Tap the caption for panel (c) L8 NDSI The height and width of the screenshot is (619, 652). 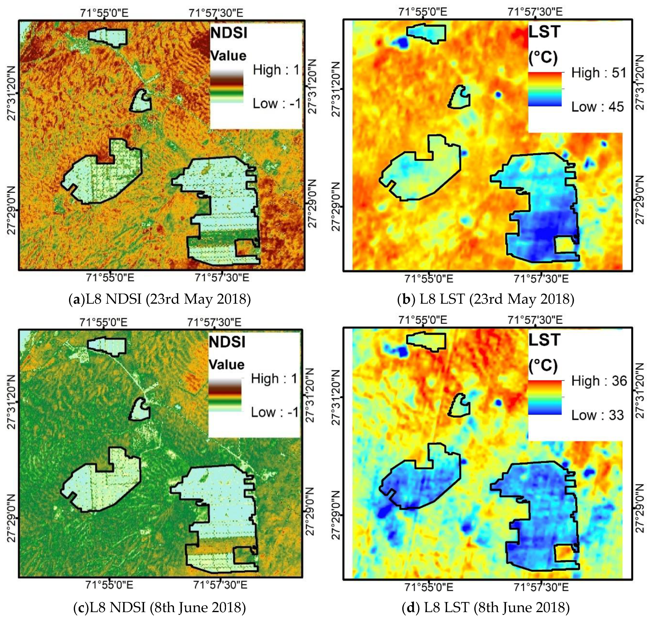[x=160, y=607]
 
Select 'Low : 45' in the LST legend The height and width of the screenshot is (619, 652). [x=598, y=107]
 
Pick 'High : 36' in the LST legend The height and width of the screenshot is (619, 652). [x=599, y=381]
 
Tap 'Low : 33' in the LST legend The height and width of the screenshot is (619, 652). [x=598, y=415]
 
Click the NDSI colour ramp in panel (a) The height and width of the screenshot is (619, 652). [x=227, y=86]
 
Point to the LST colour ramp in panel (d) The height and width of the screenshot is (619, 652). [x=545, y=397]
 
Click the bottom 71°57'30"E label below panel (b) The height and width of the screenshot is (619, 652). [x=541, y=279]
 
